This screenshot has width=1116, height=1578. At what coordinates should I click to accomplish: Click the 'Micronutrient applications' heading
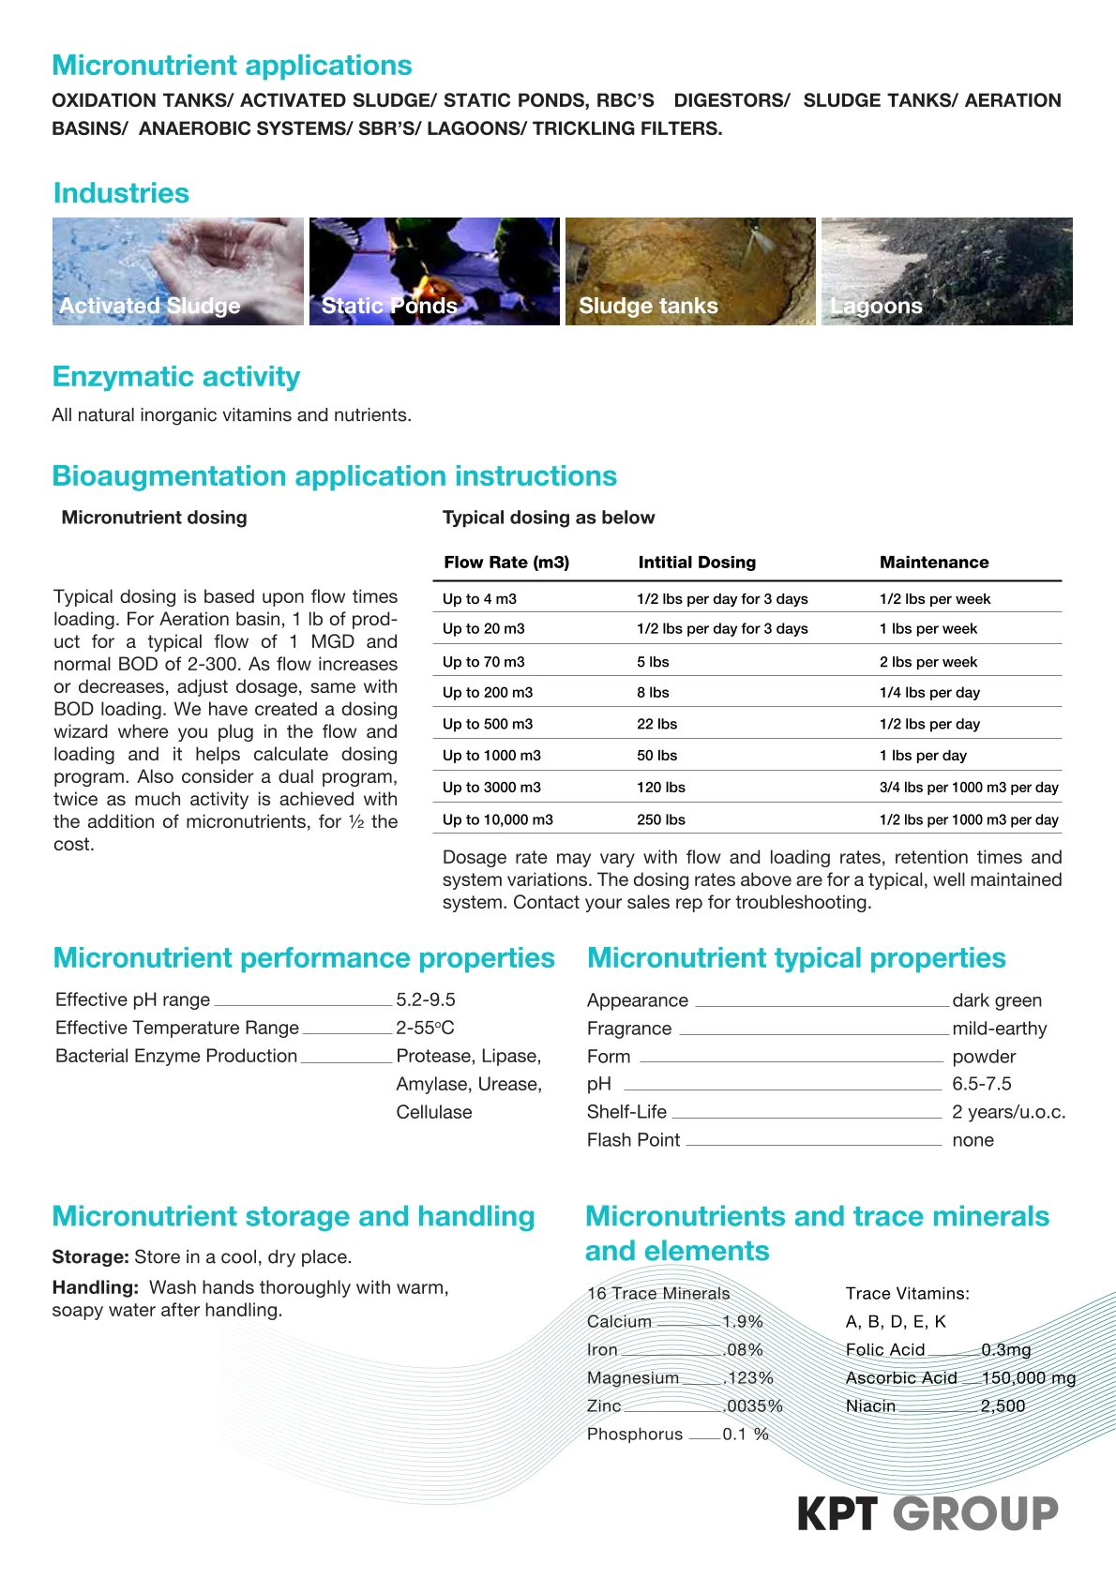(232, 66)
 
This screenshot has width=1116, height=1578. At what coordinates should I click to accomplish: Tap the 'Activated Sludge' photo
(177, 272)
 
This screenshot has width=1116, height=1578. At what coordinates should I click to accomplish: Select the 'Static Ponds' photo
(434, 272)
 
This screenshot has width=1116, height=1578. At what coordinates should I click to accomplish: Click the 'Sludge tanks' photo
(690, 272)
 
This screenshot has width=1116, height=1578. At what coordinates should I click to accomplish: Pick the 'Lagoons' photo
(946, 272)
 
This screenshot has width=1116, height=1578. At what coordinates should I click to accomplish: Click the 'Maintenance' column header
(933, 563)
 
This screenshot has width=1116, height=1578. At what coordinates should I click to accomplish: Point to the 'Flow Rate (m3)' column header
(506, 563)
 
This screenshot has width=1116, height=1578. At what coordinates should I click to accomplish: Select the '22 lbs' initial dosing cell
(656, 725)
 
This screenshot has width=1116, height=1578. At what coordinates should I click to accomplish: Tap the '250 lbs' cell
(660, 819)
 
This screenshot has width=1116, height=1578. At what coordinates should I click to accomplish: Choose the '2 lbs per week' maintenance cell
(927, 662)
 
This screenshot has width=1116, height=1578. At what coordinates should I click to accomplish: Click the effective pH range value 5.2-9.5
(425, 1000)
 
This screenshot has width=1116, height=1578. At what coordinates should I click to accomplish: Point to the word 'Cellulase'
(433, 1113)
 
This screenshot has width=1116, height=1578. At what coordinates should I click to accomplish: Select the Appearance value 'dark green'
(996, 1001)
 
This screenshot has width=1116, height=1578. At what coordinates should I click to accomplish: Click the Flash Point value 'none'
(973, 1141)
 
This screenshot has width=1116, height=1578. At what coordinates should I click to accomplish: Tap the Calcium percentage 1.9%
(742, 1322)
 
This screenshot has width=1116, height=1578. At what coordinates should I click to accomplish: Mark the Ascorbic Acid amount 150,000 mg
(1028, 1378)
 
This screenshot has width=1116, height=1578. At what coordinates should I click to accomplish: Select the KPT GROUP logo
(927, 1513)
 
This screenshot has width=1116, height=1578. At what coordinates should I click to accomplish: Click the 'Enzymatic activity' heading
(176, 377)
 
